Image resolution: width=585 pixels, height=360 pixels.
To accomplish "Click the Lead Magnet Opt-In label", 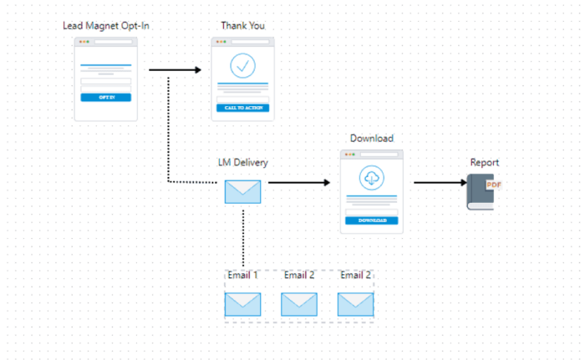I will (x=106, y=26).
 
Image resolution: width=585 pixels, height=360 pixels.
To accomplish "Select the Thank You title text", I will (x=242, y=26).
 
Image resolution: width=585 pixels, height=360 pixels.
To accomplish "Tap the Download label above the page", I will (x=371, y=139).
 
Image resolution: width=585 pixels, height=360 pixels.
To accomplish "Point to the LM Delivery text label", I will (x=242, y=163).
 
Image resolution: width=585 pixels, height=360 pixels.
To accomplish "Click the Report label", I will (x=485, y=163).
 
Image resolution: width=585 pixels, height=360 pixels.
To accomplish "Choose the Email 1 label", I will (x=242, y=275).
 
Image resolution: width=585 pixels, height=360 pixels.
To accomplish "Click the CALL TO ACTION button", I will (x=242, y=108).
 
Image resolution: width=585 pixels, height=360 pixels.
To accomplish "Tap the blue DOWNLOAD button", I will (x=371, y=221).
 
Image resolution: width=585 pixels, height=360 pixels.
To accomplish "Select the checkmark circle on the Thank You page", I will (x=242, y=64).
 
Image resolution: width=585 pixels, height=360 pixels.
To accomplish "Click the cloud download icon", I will (x=371, y=177).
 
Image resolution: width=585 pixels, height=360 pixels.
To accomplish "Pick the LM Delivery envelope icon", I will (x=242, y=192).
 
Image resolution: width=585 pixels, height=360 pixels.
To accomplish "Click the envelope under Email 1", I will (x=242, y=304).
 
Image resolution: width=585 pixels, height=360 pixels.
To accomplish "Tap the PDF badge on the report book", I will (x=493, y=185).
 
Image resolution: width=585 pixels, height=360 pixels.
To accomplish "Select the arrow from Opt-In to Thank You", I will (x=175, y=70).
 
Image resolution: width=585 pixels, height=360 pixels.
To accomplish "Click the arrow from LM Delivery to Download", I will (x=299, y=182).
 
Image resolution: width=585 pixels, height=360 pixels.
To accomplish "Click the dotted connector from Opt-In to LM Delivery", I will (x=169, y=134).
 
